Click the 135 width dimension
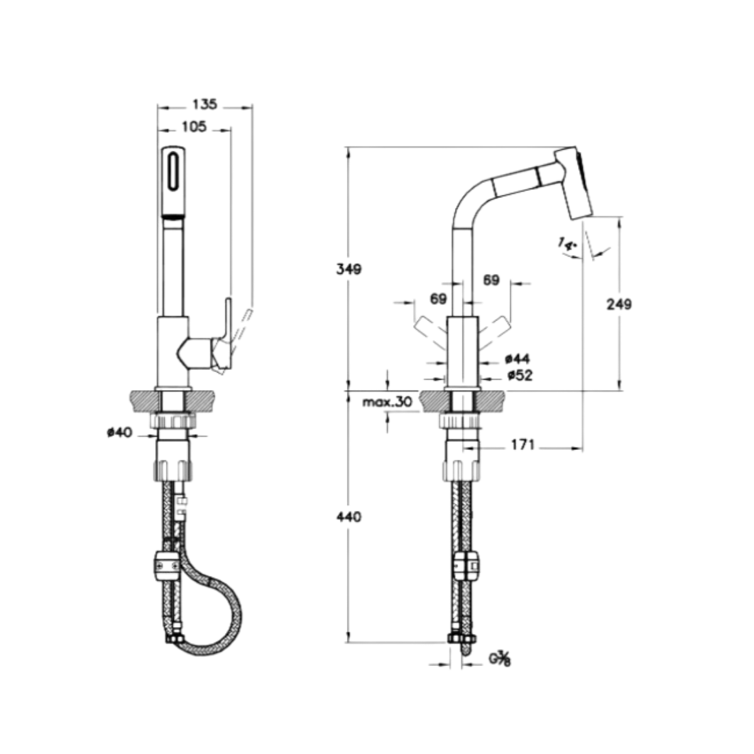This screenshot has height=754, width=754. [205, 104]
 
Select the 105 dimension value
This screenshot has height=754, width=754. [194, 127]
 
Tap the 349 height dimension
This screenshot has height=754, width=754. [349, 270]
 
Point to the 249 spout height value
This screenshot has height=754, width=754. [620, 304]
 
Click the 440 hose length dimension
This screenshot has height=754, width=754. [349, 517]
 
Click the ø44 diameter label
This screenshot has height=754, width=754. [517, 358]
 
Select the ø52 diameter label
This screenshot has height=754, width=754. [520, 376]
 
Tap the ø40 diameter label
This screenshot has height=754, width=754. [120, 432]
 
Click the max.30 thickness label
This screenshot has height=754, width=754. [388, 402]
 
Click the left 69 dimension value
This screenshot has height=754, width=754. [438, 299]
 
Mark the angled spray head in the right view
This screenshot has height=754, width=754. [573, 182]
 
